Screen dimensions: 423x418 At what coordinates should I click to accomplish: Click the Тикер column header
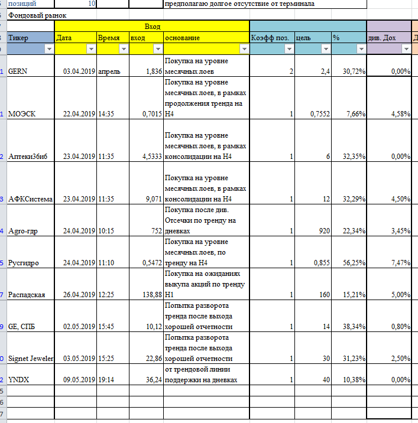(x=30, y=38)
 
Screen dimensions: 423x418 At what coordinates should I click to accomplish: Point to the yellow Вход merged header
(x=152, y=27)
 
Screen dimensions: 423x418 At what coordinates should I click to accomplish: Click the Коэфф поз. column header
(x=271, y=38)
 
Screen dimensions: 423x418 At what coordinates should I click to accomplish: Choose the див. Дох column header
(x=388, y=38)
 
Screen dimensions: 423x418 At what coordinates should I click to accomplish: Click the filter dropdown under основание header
(x=243, y=50)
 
